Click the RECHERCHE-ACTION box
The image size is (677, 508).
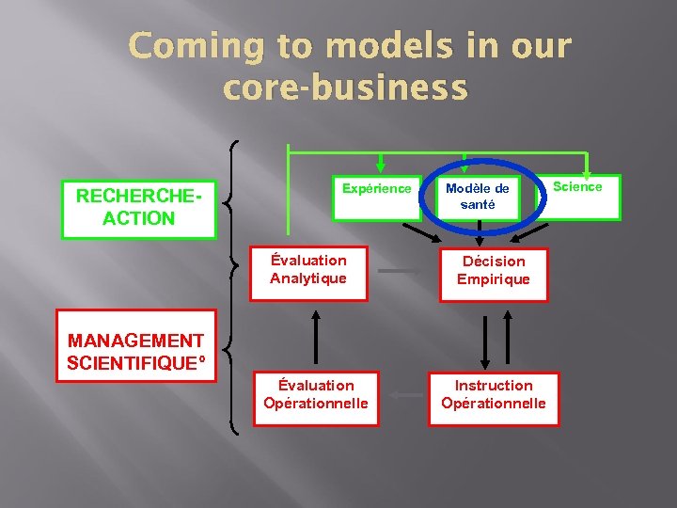click(138, 208)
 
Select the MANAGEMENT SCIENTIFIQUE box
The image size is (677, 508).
click(136, 352)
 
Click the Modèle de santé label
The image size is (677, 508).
click(477, 197)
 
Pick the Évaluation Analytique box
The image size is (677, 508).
click(308, 271)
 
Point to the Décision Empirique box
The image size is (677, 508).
click(493, 271)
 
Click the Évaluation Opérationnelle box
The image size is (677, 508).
click(316, 395)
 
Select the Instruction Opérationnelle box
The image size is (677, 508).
click(493, 395)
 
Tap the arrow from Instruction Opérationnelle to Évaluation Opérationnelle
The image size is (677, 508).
click(405, 395)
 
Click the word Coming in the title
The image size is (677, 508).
click(196, 46)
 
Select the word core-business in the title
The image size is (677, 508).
click(345, 87)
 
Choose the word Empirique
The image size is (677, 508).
click(493, 279)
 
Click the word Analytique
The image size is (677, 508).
click(308, 279)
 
